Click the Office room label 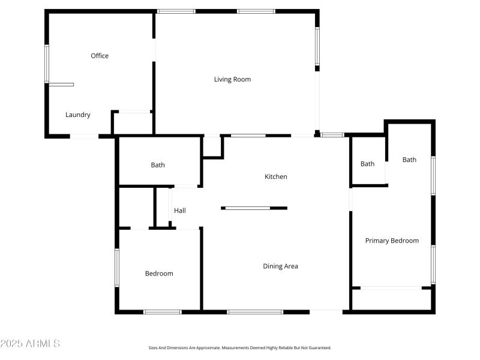coord(100,56)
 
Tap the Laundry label coord(78,115)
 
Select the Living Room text coord(232,79)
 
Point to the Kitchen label coord(276,176)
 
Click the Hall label coord(180,211)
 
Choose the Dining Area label coord(280,266)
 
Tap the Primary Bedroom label coord(392,241)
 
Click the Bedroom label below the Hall coord(159,274)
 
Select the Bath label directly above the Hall coord(158,165)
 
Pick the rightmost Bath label coord(409,160)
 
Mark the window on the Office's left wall coord(46,64)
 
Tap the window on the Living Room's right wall coord(317,46)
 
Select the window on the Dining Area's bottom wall coord(255,311)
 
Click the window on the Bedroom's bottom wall coord(162,311)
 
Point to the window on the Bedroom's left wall coord(117,268)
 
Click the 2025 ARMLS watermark coord(30,344)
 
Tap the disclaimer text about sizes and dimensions coord(240,348)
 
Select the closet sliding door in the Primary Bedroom coord(391,289)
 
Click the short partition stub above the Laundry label coord(61,85)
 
